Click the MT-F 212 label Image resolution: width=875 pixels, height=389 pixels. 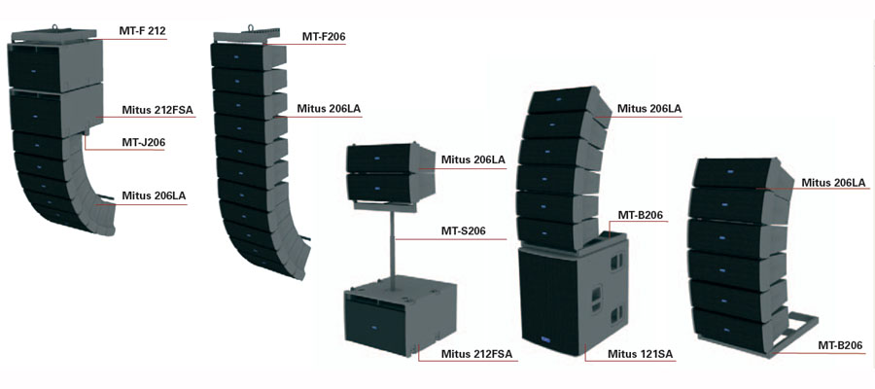(x=142, y=31)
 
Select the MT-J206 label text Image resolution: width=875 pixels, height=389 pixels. (x=143, y=142)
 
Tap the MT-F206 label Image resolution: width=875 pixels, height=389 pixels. (x=324, y=37)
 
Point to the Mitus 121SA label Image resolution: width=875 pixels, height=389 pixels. (x=641, y=353)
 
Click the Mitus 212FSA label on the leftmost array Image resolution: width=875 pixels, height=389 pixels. (x=157, y=110)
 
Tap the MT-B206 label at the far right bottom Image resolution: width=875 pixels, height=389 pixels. (x=839, y=344)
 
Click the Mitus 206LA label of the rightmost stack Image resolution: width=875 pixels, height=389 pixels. (x=833, y=182)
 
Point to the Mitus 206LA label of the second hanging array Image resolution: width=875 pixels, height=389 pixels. (x=330, y=109)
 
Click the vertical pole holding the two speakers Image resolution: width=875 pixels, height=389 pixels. (x=394, y=249)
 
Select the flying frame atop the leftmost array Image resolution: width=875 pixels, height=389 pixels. (x=56, y=37)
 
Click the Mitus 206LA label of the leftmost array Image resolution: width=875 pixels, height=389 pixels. (x=153, y=195)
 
